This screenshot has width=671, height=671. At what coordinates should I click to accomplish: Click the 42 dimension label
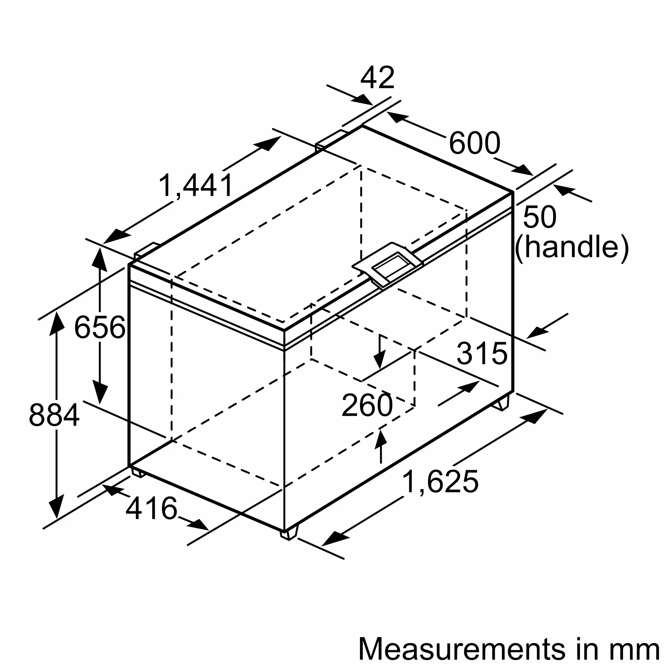pos(377,78)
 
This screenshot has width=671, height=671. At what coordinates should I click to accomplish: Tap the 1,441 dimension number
pos(196,186)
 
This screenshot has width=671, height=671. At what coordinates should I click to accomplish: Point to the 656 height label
pos(100,327)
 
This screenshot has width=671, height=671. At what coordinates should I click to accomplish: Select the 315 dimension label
pos(482,354)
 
